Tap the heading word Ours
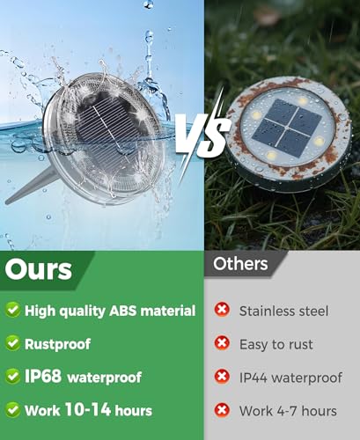point(39,269)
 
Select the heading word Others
point(240,263)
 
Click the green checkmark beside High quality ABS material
point(12,310)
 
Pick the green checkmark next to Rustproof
point(12,343)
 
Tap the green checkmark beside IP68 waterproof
point(12,377)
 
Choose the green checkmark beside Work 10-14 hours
point(12,410)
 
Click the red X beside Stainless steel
point(222,310)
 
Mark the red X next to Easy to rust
point(222,343)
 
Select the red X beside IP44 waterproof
point(222,377)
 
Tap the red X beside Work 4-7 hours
point(222,410)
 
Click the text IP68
point(43,376)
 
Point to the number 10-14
point(88,409)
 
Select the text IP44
point(253,378)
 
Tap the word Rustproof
point(57,344)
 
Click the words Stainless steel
point(283,312)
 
